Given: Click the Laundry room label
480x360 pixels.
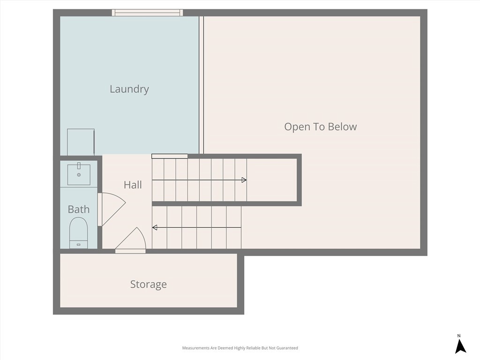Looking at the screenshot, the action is pos(129,89).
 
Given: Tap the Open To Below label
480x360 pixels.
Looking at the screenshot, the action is pos(321,127).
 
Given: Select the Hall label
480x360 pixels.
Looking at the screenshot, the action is pos(133,185).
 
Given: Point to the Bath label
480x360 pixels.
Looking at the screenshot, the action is pos(79,210).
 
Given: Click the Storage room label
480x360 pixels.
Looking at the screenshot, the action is pos(149,285).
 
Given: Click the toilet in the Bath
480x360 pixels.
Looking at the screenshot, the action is pos(79,232).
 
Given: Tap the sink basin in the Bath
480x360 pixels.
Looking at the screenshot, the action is pos(79,174).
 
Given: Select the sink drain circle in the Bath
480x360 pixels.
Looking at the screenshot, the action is pos(79,175).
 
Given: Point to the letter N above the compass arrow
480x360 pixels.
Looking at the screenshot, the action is pos(459,336).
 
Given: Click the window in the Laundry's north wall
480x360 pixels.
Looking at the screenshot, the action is pos(147,13).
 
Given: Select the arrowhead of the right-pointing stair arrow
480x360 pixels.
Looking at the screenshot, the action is pos(244,180).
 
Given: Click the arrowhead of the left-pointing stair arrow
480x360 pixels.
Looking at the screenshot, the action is pos(155,227).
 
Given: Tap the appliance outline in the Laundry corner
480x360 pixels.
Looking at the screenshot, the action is pos(81,142).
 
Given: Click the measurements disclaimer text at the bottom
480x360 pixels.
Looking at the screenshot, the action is pos(240,348).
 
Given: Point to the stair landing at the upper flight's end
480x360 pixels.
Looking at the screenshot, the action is pos(272,180).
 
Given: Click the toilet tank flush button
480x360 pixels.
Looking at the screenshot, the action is pos(78,245).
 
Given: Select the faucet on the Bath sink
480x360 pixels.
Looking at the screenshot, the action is pos(79,166).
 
